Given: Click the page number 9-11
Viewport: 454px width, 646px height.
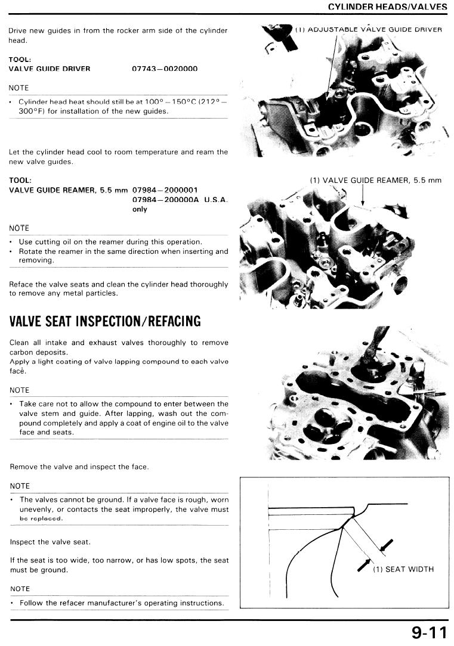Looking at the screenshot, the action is [429, 632].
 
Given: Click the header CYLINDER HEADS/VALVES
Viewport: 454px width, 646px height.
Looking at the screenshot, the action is [388, 7].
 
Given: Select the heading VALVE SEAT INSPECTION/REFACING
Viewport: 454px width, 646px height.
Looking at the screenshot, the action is [105, 321].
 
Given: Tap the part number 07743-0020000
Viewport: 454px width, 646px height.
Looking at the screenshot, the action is [165, 69].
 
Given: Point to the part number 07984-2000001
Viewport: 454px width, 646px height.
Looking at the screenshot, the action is [165, 190].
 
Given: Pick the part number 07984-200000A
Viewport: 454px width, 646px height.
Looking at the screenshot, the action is [165, 200].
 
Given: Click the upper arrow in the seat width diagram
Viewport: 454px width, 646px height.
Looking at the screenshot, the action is [387, 545].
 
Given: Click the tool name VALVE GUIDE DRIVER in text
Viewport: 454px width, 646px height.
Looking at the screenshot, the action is [50, 69].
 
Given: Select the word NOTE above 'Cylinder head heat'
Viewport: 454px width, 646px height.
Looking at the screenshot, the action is [18, 88].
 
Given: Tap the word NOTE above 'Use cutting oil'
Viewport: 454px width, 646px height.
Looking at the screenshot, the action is [19, 228].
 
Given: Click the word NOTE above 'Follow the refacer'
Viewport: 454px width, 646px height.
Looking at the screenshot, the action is [20, 589].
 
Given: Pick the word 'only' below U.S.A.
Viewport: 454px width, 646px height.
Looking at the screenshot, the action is [140, 209].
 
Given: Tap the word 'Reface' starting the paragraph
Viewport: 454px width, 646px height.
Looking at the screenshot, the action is [19, 284].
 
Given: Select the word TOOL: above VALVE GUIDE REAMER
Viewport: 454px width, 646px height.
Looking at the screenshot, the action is [20, 180].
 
